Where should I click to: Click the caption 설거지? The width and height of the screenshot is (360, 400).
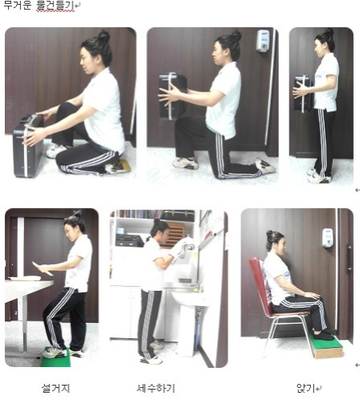click(55, 388)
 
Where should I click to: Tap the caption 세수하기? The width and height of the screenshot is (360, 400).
click(156, 388)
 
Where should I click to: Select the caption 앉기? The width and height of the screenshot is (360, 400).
click(305, 388)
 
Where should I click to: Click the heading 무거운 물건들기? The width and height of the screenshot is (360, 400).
click(39, 6)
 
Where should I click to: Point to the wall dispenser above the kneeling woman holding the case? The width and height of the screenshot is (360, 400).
click(263, 41)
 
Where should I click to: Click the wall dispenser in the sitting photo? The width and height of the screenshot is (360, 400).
click(327, 238)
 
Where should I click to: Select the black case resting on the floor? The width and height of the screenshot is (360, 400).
click(27, 147)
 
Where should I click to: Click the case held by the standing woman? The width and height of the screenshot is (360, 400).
click(303, 94)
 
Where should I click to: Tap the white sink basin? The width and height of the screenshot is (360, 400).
click(190, 299)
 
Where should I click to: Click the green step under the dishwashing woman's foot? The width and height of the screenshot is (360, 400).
click(55, 357)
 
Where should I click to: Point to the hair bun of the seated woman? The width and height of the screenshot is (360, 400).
click(270, 235)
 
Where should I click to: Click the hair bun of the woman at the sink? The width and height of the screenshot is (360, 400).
click(157, 222)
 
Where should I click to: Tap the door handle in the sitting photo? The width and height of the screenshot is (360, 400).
click(349, 259)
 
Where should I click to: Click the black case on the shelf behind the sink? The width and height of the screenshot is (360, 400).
click(129, 240)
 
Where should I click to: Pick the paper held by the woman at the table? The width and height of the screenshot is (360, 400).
click(43, 268)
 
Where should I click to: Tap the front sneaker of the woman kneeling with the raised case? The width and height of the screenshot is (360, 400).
click(185, 163)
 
